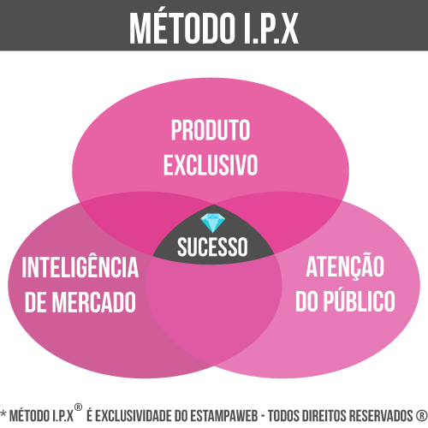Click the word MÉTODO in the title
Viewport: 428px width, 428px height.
click(x=181, y=28)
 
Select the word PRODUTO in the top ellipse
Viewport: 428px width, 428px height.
click(x=211, y=130)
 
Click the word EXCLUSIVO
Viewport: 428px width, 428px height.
click(x=211, y=165)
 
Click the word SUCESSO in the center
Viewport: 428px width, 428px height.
click(x=212, y=247)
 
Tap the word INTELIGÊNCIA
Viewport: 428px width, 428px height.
click(x=80, y=266)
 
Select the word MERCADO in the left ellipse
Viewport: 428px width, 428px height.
click(x=94, y=302)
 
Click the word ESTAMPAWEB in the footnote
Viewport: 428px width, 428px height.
click(x=223, y=415)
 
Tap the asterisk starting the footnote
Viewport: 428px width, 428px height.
click(x=3, y=413)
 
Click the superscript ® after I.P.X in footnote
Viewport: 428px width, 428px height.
click(x=78, y=407)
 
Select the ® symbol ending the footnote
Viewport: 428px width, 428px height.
click(x=422, y=415)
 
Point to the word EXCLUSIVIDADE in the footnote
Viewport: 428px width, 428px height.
click(x=134, y=415)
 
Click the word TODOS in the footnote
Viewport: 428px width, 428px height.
click(x=284, y=415)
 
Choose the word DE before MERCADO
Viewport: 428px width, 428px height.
click(x=36, y=302)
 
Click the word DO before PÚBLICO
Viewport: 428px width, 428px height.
click(x=306, y=301)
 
